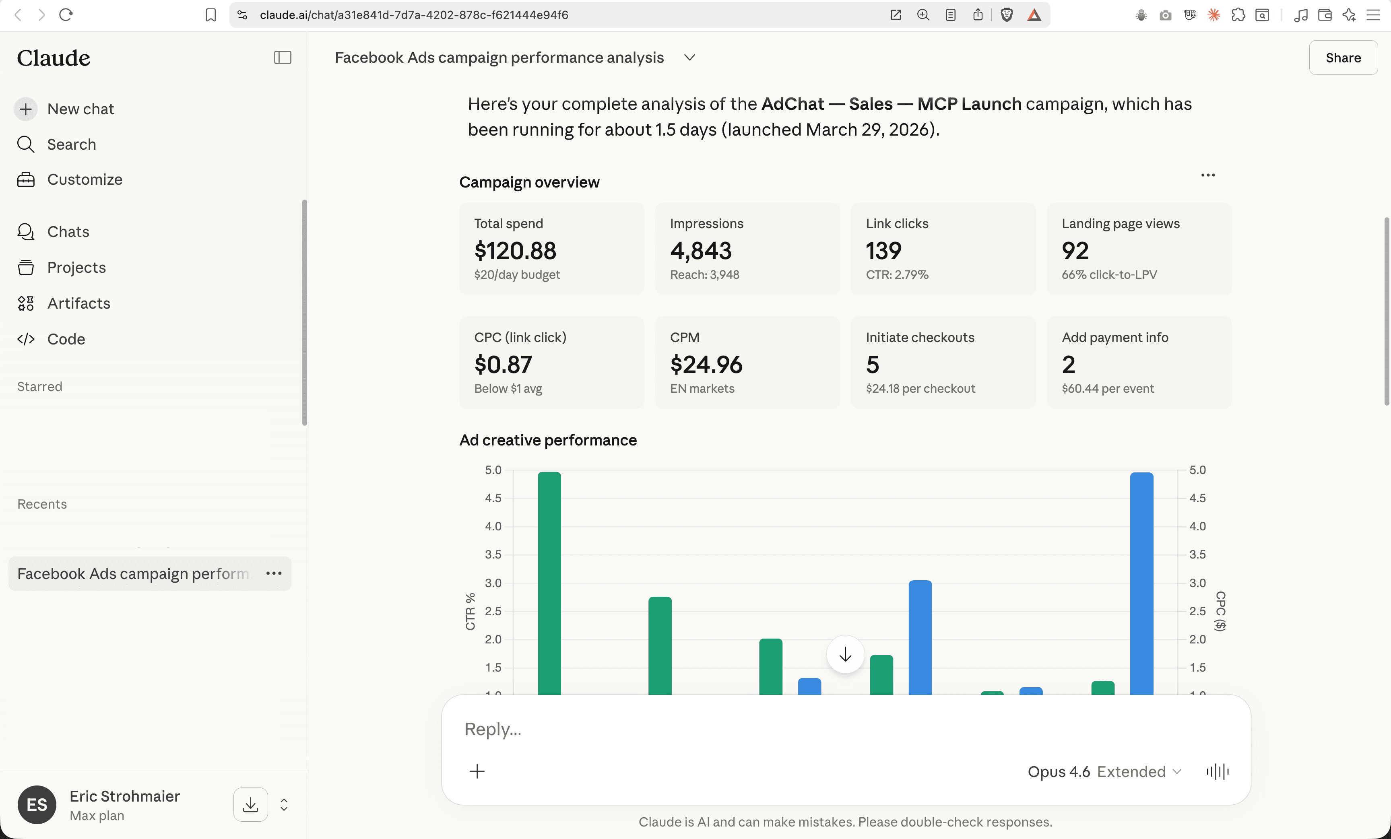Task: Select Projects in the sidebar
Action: click(x=76, y=268)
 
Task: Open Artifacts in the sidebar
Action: click(x=78, y=303)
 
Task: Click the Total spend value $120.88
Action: click(x=515, y=251)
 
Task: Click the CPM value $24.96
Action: click(x=706, y=365)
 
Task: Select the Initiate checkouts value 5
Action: click(x=872, y=365)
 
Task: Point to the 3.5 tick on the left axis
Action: click(x=493, y=554)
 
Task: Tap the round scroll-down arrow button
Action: click(x=844, y=654)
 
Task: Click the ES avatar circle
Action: click(x=37, y=804)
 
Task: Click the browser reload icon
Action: click(x=66, y=14)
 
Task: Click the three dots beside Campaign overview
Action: click(x=1207, y=175)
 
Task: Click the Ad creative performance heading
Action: click(x=548, y=440)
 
